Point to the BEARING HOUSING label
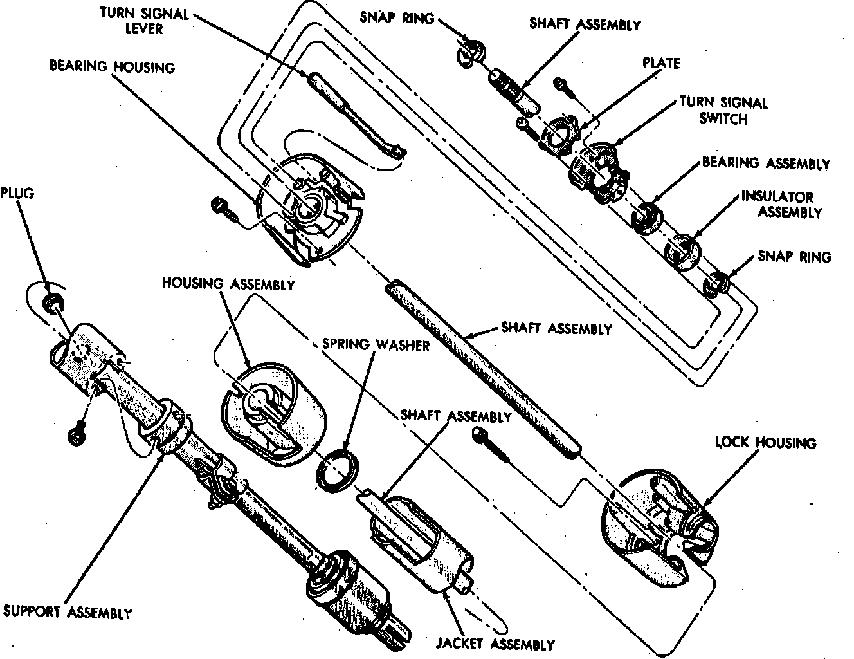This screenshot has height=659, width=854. pos(113,66)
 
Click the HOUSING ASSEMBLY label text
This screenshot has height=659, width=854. pos(228,284)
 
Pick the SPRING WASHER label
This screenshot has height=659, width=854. pos(376,344)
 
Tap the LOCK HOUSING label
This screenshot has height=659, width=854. pos(765,443)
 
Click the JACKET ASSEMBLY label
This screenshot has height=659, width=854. pos(495,644)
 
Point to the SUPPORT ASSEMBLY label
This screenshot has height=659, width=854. pos(68,611)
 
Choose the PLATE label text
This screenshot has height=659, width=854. pos(661,63)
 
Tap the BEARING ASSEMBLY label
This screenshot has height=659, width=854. pos(765,163)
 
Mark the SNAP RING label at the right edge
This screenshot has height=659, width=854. pos(794,257)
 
